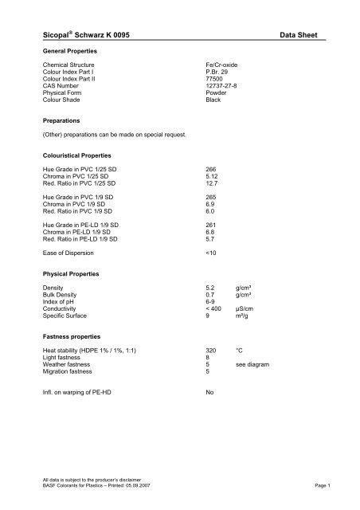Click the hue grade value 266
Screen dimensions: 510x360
211,169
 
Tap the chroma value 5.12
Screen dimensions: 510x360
213,175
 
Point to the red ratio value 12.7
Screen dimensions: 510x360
213,182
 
